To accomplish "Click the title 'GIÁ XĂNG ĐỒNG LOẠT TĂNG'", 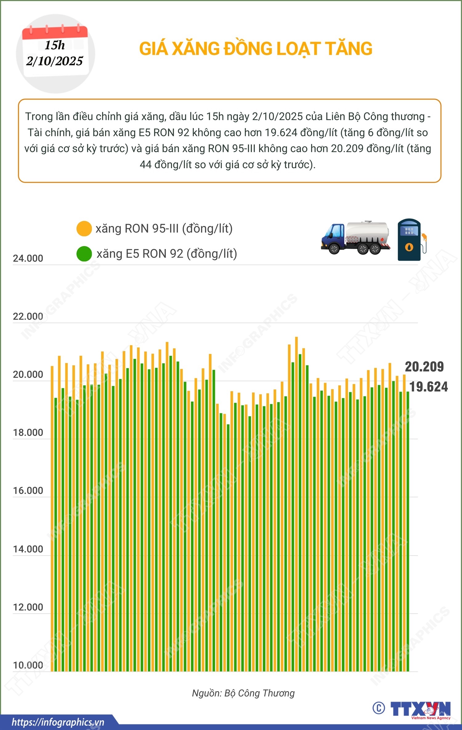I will [x=256, y=49].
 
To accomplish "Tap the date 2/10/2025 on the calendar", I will [x=55, y=61].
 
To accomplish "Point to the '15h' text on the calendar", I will [x=55, y=45].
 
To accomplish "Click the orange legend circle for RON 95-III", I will [x=84, y=229].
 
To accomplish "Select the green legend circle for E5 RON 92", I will [x=84, y=254].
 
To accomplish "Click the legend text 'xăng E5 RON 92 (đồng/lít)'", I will [x=167, y=254].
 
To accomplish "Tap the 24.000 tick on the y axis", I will [x=28, y=258].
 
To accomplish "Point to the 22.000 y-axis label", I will [x=28, y=316].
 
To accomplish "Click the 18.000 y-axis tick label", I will [x=28, y=433].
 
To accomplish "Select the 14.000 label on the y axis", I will [x=28, y=549].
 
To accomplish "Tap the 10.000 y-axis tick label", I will [x=28, y=665].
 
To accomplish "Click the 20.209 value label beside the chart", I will [x=424, y=367].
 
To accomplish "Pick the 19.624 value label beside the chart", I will [x=428, y=387].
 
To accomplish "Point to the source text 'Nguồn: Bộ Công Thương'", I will [x=243, y=693].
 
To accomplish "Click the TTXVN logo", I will [x=420, y=709].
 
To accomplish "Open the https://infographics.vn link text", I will [x=58, y=722].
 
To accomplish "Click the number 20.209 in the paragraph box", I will [x=347, y=149].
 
